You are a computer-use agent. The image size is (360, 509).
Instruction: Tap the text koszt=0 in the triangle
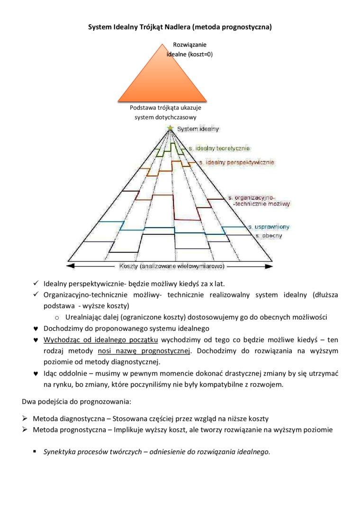point(199,54)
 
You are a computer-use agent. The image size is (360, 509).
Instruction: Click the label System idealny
point(198,129)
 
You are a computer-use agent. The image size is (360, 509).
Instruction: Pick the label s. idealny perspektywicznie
point(236,162)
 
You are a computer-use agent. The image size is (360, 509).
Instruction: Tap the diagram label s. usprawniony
point(269,227)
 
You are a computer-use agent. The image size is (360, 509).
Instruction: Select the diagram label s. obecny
point(269,235)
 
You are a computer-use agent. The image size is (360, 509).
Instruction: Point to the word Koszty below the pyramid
point(129,266)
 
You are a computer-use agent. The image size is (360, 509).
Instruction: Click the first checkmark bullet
point(36,284)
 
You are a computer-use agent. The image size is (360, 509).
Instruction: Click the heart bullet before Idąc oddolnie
point(36,374)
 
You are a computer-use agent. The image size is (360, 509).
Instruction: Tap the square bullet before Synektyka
point(35,451)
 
